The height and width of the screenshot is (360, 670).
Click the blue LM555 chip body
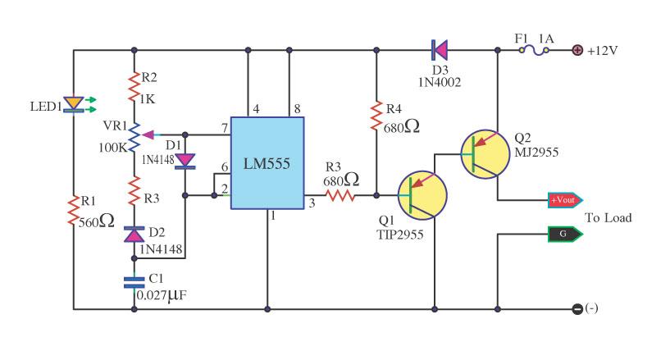click(x=267, y=163)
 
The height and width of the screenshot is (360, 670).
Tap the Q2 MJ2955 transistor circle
click(x=485, y=154)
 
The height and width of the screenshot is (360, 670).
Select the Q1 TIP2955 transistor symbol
click(x=422, y=196)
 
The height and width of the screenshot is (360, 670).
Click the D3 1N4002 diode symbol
click(x=440, y=50)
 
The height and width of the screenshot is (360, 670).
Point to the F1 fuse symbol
click(x=534, y=50)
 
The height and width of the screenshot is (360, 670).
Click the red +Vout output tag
click(x=565, y=200)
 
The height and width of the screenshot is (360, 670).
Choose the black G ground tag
click(x=565, y=234)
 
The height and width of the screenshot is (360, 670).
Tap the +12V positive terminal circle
click(x=577, y=50)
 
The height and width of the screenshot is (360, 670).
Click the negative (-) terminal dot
click(x=577, y=309)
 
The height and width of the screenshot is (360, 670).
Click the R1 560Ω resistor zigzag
click(x=74, y=210)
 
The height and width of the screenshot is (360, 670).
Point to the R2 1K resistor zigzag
click(x=134, y=87)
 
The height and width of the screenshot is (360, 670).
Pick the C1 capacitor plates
click(x=134, y=282)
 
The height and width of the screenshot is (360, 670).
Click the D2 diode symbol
click(x=134, y=235)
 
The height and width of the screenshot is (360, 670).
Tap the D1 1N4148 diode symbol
click(x=185, y=161)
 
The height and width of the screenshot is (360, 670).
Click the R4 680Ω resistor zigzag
click(x=376, y=116)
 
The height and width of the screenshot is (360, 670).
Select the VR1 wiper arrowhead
click(x=148, y=135)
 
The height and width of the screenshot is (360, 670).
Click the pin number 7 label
click(x=225, y=127)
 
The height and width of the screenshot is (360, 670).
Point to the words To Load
click(x=608, y=218)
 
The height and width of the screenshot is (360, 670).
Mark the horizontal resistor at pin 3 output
click(x=340, y=196)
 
